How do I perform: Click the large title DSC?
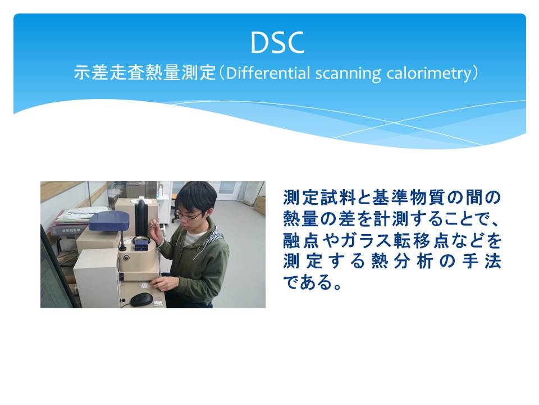click(277, 43)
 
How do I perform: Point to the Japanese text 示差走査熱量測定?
click(144, 73)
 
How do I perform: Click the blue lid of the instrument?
click(108, 220)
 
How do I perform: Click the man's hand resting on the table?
click(162, 284)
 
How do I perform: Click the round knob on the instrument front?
click(127, 257)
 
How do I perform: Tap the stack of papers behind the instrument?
click(75, 217)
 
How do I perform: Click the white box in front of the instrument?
click(97, 278)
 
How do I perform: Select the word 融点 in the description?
click(301, 240)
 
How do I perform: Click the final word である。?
click(312, 282)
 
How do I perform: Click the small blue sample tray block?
click(141, 246)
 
